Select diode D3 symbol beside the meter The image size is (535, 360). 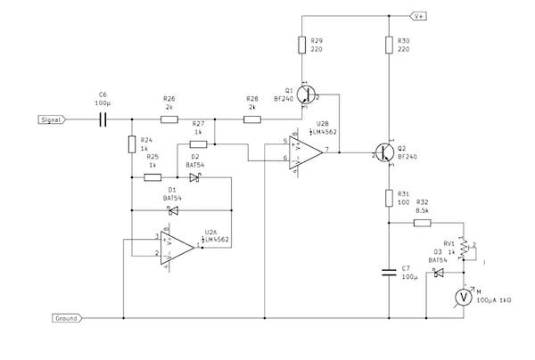tap(438, 274)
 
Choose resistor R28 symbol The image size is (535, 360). tap(252, 119)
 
